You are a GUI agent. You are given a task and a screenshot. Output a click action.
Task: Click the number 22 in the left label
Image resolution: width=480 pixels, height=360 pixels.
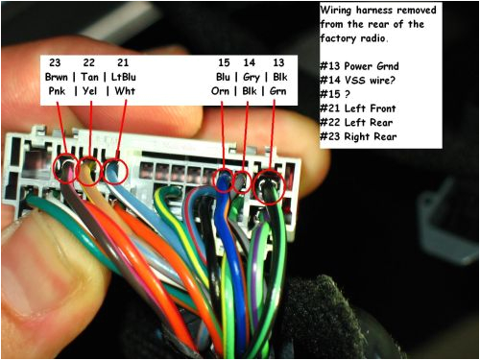(88, 61)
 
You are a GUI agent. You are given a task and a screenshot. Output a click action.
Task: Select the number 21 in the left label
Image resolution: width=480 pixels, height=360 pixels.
(123, 61)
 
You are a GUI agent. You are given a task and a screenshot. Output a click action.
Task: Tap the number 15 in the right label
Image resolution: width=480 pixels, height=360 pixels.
(224, 61)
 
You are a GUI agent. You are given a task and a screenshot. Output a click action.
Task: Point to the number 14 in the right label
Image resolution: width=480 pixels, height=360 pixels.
(250, 61)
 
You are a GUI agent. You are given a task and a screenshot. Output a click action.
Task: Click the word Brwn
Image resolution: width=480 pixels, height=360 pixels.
(57, 77)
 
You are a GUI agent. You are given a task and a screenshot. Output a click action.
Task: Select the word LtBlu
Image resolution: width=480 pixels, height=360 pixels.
(126, 77)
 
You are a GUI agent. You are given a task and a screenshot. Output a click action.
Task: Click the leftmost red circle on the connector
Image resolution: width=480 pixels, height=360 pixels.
(66, 169)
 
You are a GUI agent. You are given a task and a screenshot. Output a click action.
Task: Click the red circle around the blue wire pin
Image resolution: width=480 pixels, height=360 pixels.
(223, 179)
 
